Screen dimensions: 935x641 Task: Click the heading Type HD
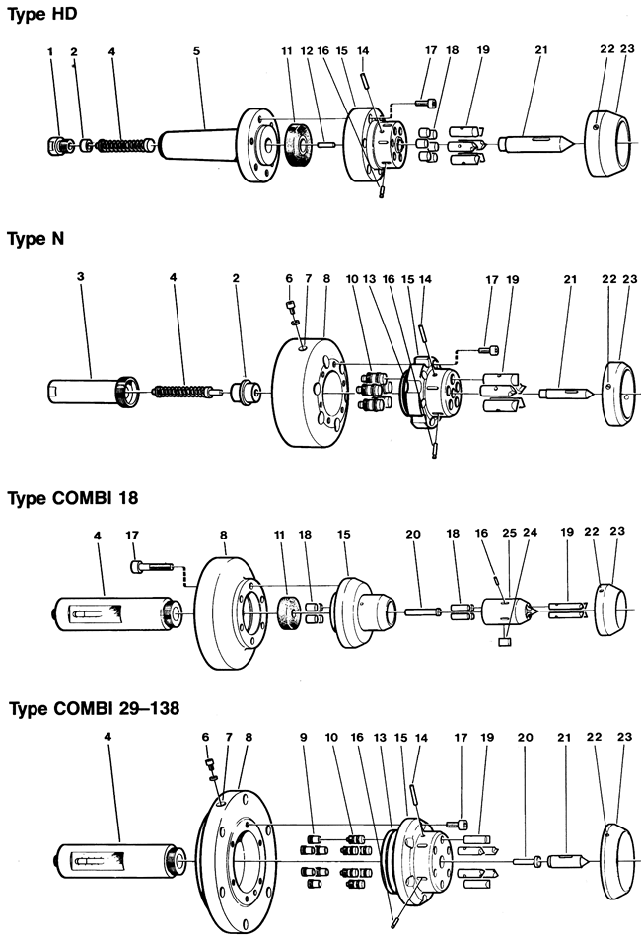click(x=42, y=15)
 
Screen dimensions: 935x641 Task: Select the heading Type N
click(x=36, y=239)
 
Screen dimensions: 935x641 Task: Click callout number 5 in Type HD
click(x=197, y=49)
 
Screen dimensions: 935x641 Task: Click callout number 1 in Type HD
click(x=49, y=49)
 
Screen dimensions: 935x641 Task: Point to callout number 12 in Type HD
click(x=306, y=49)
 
